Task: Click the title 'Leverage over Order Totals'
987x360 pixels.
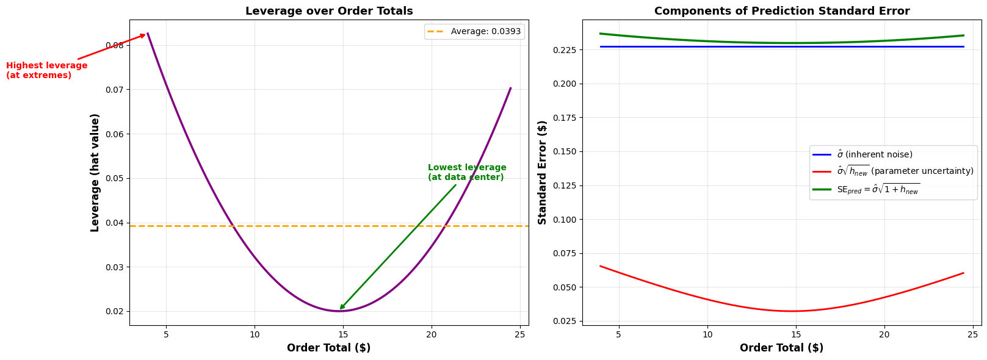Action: (329, 11)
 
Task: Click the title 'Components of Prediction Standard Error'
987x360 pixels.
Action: (781, 11)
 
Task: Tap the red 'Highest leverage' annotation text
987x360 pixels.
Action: (46, 70)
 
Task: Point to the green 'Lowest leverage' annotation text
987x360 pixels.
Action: (466, 172)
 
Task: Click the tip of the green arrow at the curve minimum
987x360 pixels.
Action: (340, 309)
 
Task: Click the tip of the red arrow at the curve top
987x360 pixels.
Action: (146, 34)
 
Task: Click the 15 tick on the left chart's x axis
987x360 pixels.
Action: (343, 334)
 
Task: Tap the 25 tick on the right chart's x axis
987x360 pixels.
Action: (972, 334)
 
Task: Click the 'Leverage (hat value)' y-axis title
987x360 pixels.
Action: (95, 172)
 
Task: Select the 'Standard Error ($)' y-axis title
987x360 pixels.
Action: (542, 172)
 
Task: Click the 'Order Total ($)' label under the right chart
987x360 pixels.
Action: (781, 348)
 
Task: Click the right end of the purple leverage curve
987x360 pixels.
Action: (510, 88)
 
